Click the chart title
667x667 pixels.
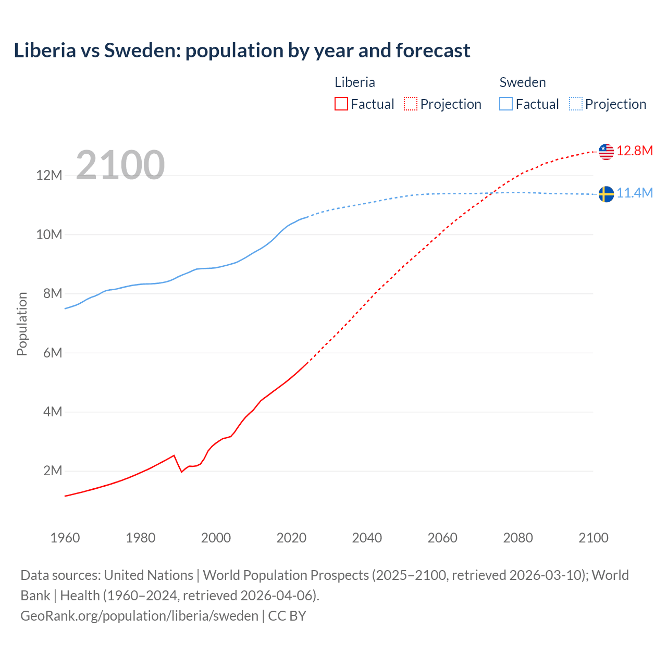242,51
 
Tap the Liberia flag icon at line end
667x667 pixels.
606,152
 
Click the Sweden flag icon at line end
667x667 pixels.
606,194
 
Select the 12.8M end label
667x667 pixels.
635,151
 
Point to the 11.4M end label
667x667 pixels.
635,193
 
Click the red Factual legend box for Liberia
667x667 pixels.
341,104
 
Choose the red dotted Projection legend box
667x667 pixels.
411,104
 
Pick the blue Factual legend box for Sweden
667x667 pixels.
506,104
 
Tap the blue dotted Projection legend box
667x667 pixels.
576,104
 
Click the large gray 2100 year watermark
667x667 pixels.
120,165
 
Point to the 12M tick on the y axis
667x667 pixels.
49,175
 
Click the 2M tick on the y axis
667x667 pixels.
53,471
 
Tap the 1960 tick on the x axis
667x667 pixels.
65,538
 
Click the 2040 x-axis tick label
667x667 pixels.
367,538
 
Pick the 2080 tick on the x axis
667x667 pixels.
518,538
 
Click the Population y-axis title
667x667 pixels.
22,324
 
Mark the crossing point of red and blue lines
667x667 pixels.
493,193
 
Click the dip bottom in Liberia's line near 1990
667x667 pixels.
181,472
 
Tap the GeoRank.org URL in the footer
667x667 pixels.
139,616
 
